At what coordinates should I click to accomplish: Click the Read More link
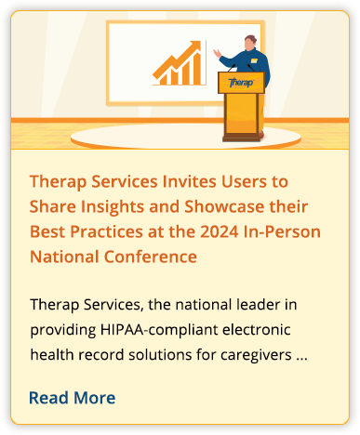[x=72, y=398]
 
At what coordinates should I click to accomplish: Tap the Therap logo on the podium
[x=241, y=83]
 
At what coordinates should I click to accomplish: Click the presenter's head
[x=250, y=43]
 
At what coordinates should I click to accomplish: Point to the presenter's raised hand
[x=217, y=53]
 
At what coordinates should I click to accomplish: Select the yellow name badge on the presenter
[x=254, y=60]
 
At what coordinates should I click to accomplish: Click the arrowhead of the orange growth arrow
[x=194, y=46]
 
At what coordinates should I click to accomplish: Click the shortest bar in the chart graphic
[x=164, y=79]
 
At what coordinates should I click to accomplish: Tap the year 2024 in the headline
[x=220, y=231]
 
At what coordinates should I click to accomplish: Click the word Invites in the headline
[x=190, y=181]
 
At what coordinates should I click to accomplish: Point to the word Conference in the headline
[x=151, y=257]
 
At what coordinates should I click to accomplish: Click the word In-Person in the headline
[x=282, y=231]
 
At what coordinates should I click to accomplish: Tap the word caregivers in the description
[x=256, y=355]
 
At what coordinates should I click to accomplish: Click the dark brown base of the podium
[x=242, y=138]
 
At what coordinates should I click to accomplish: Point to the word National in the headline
[x=64, y=257]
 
